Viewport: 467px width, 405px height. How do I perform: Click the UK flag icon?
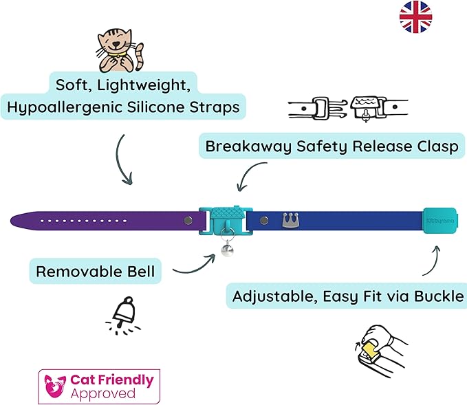(x=415, y=17)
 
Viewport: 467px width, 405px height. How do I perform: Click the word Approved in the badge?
(x=102, y=393)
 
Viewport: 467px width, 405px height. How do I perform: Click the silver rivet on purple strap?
(x=187, y=220)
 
